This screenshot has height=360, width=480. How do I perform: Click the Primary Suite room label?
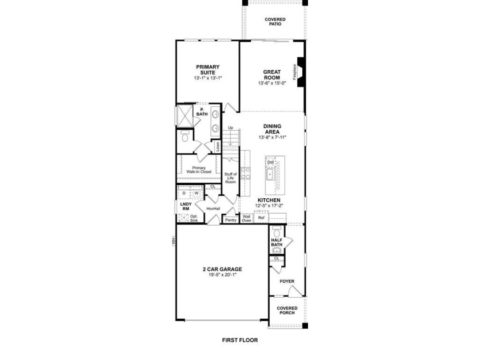[208, 70]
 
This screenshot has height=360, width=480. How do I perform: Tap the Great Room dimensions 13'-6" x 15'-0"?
[272, 83]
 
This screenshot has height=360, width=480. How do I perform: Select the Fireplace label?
[294, 72]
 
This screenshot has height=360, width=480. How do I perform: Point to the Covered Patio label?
[275, 22]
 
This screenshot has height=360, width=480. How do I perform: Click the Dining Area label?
[272, 129]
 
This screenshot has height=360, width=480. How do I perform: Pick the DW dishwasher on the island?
[271, 162]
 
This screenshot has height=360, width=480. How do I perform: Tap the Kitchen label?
[269, 200]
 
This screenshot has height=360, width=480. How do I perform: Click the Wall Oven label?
[246, 218]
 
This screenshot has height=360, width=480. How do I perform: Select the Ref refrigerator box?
[261, 218]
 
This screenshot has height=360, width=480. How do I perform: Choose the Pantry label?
[230, 220]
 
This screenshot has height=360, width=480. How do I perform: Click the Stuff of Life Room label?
[230, 178]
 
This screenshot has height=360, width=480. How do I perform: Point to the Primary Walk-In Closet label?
[199, 170]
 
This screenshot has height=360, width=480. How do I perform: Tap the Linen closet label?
[218, 147]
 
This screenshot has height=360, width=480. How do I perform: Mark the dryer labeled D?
[184, 193]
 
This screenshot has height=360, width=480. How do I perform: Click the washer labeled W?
[197, 193]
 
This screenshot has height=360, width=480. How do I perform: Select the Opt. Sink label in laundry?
[194, 218]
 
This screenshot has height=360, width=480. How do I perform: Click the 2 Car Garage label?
[222, 269]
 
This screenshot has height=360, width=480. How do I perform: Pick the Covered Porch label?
[287, 310]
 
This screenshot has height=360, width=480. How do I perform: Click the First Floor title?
[240, 340]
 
